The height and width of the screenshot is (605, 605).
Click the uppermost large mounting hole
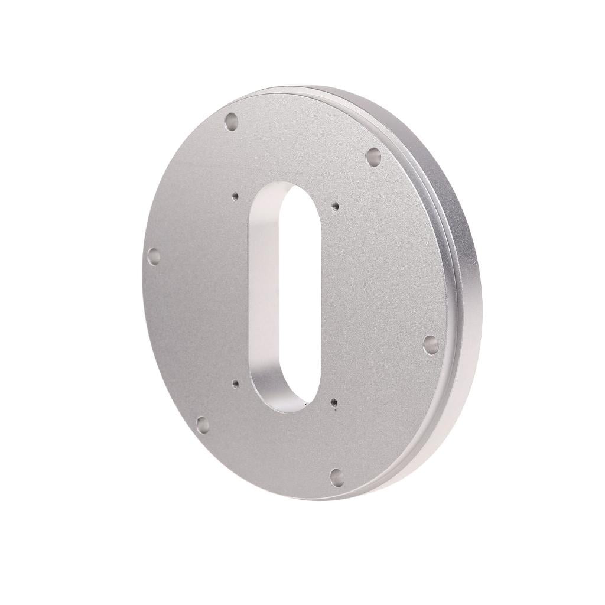(x=231, y=122)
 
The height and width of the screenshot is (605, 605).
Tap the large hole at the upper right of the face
(x=373, y=157)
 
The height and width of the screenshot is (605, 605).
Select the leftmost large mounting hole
(x=154, y=256)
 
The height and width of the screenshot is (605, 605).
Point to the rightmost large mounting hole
(x=431, y=344)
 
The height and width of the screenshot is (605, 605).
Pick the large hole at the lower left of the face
(x=203, y=424)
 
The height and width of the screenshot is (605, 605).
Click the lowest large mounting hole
(x=337, y=477)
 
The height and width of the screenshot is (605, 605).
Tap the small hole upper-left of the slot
(x=235, y=196)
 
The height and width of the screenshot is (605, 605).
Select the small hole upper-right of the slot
(x=335, y=206)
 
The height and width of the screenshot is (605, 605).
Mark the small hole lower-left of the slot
(x=236, y=384)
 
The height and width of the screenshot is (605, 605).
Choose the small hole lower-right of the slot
(x=334, y=403)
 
